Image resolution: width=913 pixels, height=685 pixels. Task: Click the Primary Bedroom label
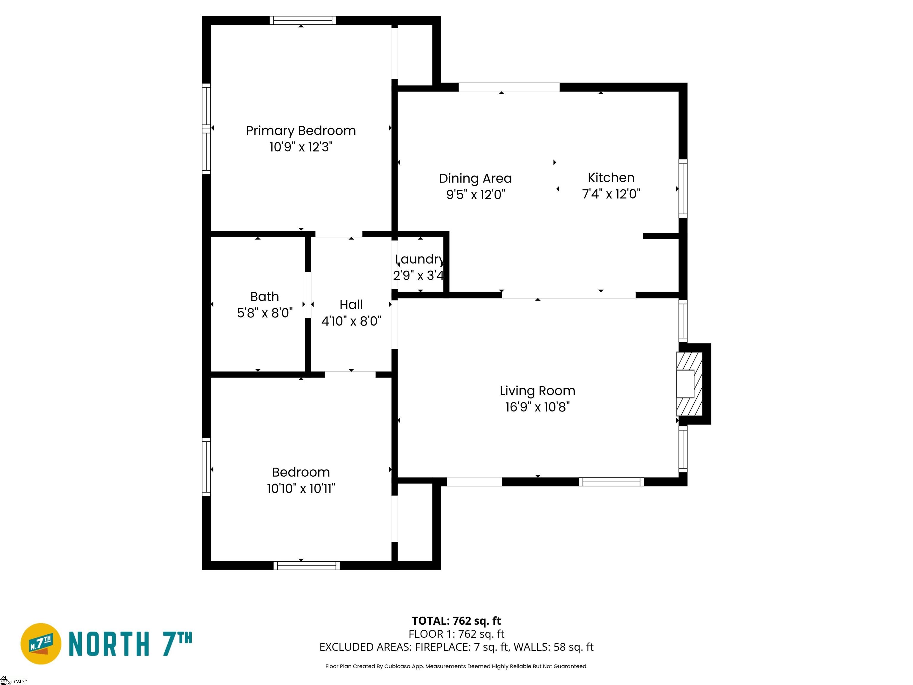[x=300, y=131]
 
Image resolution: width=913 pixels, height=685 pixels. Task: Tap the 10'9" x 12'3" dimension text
[x=300, y=147]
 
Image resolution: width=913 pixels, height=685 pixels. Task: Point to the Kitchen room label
[x=611, y=178]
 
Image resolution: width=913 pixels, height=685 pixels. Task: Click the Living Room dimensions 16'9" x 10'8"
[x=537, y=407]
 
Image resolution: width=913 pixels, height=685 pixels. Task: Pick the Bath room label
[x=265, y=297]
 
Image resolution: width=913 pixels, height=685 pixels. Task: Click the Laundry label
[x=419, y=259]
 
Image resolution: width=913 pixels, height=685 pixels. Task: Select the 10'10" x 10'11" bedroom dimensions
[x=301, y=488]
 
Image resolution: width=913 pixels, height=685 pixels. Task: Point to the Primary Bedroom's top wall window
[x=303, y=20]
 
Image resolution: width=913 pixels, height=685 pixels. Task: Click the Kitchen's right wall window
[x=683, y=189]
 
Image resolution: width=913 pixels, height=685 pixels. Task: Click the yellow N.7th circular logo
[x=40, y=644]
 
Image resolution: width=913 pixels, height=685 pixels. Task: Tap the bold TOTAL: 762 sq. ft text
[x=456, y=621]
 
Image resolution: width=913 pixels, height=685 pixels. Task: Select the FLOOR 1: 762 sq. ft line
[x=456, y=634]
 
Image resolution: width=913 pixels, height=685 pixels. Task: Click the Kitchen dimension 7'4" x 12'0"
[x=611, y=194]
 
